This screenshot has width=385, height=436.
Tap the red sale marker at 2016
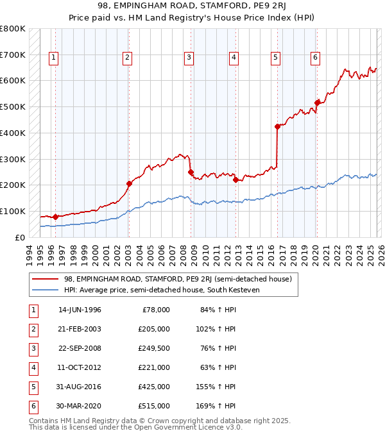coord(277,127)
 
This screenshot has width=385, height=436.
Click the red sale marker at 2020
coord(317,103)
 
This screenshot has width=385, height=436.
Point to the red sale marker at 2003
coord(129,183)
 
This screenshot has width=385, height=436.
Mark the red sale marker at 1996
coord(56,217)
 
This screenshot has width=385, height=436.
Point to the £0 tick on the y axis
coord(20,237)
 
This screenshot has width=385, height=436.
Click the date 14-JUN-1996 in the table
coord(80,310)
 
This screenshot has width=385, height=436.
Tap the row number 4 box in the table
coord(32,367)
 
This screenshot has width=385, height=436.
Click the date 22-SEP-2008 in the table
coord(80,348)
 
